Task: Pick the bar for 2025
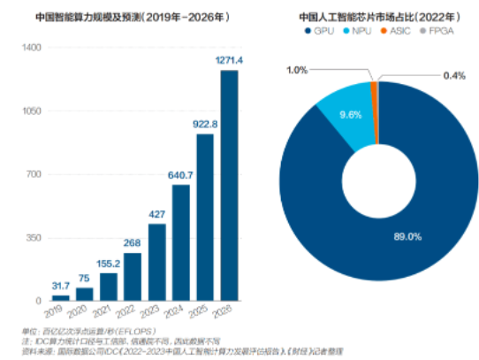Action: coord(205,217)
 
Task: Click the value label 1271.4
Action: coord(229,59)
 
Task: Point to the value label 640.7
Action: coord(181,174)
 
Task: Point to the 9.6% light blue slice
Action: coord(340,114)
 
